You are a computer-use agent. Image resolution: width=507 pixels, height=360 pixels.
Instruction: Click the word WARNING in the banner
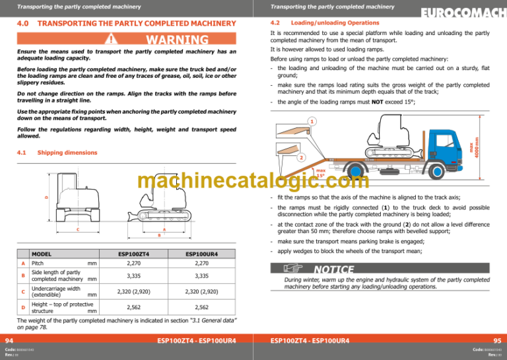(x=174, y=40)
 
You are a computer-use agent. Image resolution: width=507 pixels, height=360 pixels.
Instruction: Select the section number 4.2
(x=277, y=22)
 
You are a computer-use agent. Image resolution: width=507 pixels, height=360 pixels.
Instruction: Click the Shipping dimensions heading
(x=67, y=152)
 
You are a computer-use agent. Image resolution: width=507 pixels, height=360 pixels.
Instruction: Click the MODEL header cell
(x=42, y=253)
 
